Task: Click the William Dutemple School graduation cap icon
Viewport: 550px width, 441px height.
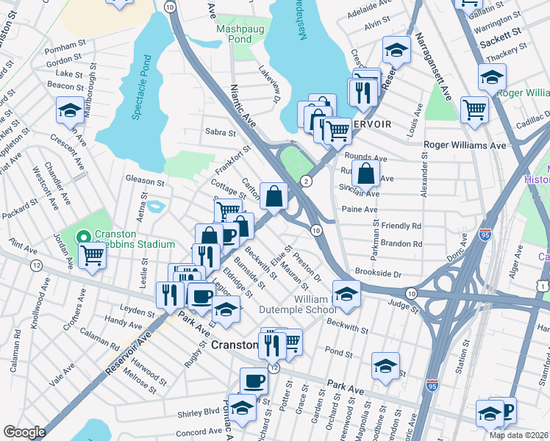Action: point(346,294)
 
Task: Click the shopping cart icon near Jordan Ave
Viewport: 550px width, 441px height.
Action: point(93,255)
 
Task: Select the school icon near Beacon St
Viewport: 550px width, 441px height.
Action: point(70,110)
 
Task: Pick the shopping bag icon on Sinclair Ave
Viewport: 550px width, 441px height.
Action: point(365,174)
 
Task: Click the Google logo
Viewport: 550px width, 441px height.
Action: point(24,432)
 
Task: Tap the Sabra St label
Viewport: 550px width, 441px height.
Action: point(221,133)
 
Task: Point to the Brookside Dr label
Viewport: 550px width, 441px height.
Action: point(379,273)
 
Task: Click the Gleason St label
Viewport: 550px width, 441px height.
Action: point(145,180)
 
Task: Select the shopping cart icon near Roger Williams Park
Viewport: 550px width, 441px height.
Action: point(474,109)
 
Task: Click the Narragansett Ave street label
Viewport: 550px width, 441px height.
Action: point(436,66)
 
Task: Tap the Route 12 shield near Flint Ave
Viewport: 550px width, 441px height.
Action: point(37,265)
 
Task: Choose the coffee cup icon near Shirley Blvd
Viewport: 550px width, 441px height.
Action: point(254,381)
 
